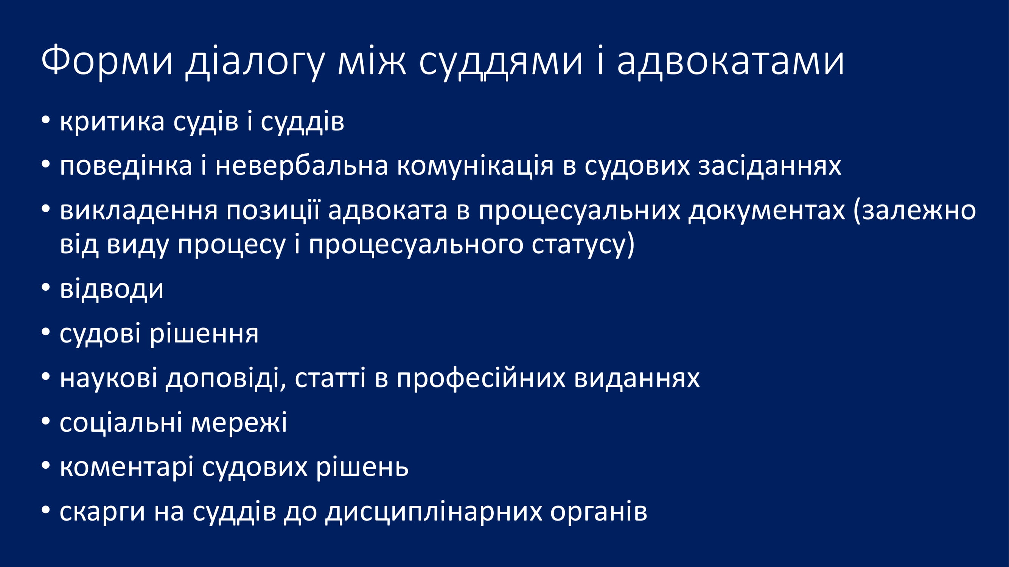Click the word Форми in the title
[x=107, y=61]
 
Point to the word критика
[x=112, y=121]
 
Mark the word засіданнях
[x=770, y=167]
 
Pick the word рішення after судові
[x=204, y=335]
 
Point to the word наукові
[x=109, y=379]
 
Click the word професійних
[x=481, y=379]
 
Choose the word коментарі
[x=126, y=467]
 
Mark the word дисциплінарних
[x=434, y=512]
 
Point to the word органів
[x=599, y=512]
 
